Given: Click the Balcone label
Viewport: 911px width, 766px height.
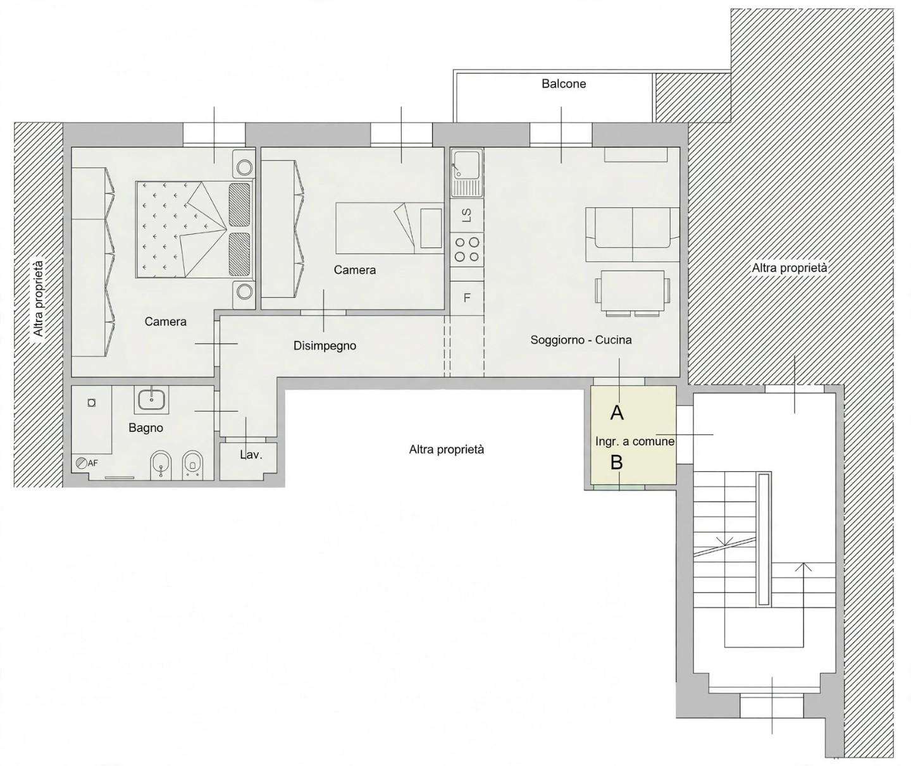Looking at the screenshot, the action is pos(564,83).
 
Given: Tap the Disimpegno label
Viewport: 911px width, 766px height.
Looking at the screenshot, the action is pos(325,346).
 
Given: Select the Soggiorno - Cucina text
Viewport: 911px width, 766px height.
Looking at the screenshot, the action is pos(581,340).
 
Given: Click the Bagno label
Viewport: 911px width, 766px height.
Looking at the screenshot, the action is pos(146,428).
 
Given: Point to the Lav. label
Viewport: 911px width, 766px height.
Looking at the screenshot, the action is pos(251,455).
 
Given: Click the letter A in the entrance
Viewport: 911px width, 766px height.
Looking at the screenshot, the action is pos(617,412).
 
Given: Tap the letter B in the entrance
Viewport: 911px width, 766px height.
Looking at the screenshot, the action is pos(616,462).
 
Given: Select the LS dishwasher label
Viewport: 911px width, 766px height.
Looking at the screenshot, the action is pos(467,216).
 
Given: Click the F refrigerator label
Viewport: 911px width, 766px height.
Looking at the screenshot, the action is pos(467,298).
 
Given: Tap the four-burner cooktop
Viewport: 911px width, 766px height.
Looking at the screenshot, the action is pos(467,249).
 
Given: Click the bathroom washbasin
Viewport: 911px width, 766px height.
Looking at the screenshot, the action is pos(151,399).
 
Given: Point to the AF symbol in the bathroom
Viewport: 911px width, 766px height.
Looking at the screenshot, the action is pos(87,463).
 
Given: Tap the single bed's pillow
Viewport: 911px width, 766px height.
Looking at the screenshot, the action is pos(431,228).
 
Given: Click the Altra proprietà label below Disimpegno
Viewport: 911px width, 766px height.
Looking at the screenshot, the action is pos(447,449).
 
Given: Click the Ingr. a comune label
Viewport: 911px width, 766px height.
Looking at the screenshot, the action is pos(635,442).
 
